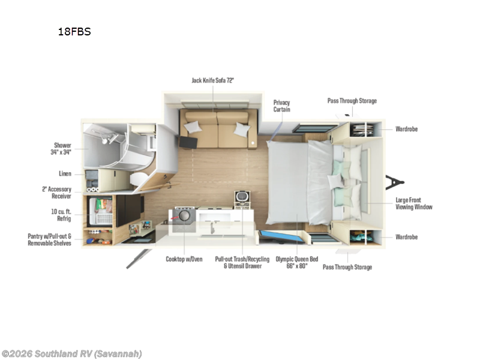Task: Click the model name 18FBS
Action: [74, 32]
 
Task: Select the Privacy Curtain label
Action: [281, 106]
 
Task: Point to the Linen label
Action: [65, 173]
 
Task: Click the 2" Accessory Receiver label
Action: [58, 192]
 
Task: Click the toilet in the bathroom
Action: [140, 178]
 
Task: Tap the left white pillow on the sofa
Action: [193, 127]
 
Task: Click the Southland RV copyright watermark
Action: [71, 353]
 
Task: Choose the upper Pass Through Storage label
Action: [352, 101]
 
